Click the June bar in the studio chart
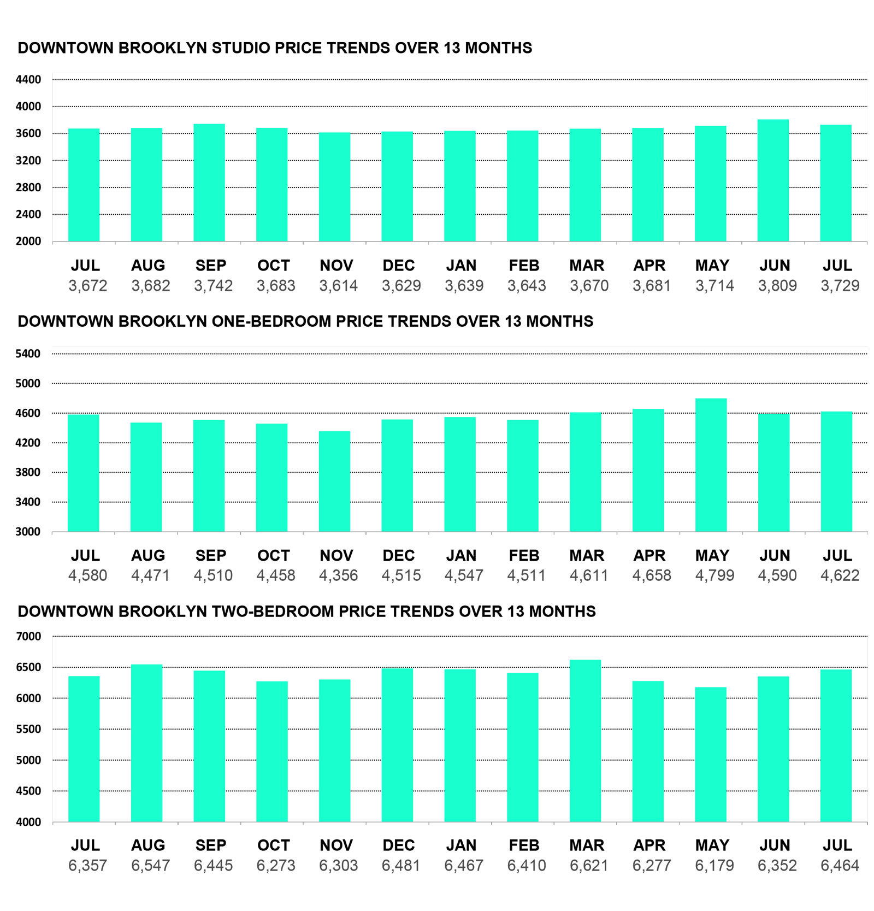pos(773,180)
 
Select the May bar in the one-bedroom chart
pos(711,465)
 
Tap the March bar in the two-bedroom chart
pos(585,740)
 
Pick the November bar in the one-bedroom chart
pos(334,481)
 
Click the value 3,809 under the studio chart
pos(777,286)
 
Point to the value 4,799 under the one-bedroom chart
pos(714,575)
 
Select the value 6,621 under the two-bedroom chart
pos(589,866)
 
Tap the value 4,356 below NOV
pos(338,575)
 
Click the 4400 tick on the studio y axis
pos(28,80)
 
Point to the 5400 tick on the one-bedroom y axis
pos(28,354)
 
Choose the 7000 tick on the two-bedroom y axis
pos(28,636)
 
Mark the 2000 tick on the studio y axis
pos(28,242)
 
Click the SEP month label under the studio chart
pos(211,266)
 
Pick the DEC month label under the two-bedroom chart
pos(398,845)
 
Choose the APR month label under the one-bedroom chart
pos(649,556)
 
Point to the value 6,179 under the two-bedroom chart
pos(714,866)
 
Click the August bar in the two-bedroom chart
pos(146,743)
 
